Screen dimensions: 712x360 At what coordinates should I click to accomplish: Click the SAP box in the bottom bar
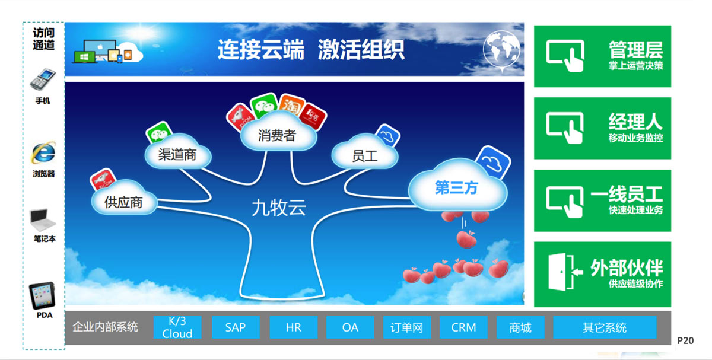click(236, 327)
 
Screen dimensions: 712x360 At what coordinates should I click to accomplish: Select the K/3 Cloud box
click(177, 327)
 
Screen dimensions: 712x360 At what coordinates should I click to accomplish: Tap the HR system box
click(293, 327)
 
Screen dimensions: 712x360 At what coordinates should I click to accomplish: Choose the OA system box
click(350, 327)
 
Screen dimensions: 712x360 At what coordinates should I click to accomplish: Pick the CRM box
click(463, 327)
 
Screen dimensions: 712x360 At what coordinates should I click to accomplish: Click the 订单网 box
click(407, 327)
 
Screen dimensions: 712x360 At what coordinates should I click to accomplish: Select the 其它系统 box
click(605, 327)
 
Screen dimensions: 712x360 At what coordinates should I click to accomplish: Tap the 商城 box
click(520, 327)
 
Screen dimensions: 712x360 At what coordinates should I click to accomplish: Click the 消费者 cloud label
click(277, 135)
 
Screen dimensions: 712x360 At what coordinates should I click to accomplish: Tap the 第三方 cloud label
click(457, 187)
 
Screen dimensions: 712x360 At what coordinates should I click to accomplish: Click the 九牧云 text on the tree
click(279, 208)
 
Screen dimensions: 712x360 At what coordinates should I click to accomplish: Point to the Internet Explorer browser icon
click(43, 152)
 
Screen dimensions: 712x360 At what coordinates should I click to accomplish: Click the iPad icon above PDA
click(42, 295)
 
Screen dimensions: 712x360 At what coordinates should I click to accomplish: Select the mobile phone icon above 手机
click(43, 79)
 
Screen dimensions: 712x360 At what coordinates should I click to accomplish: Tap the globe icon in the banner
click(501, 50)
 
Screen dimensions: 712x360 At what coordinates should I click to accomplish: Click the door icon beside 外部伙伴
click(565, 272)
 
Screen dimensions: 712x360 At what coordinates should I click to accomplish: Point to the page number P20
click(685, 340)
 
